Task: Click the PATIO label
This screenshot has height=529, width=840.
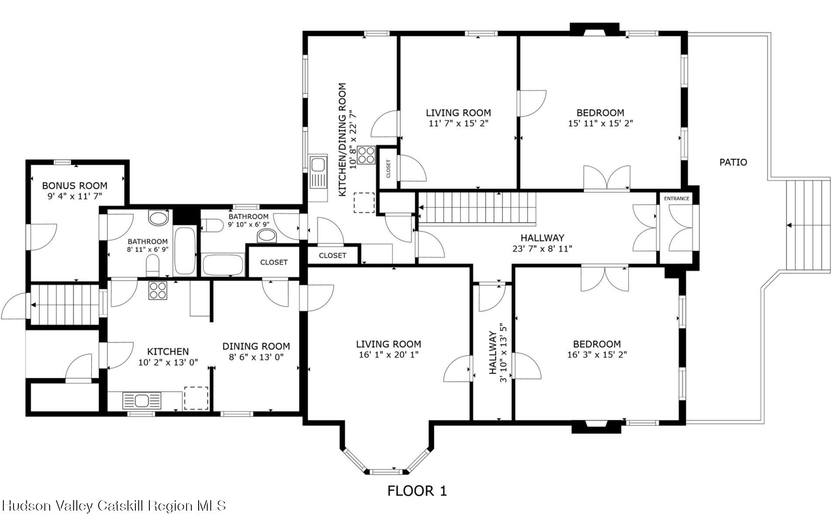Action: [x=733, y=163]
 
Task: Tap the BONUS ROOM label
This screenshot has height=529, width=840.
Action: [x=75, y=186]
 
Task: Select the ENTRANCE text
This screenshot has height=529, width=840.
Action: [x=676, y=199]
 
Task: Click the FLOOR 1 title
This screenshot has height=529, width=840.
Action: [x=417, y=491]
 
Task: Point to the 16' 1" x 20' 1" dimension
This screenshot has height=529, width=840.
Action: [x=389, y=355]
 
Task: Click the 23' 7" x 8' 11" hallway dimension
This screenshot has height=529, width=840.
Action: [x=542, y=249]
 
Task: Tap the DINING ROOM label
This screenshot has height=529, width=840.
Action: [x=256, y=346]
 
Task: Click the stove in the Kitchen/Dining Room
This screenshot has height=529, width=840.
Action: [x=366, y=155]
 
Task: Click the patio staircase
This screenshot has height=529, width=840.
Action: [x=808, y=225]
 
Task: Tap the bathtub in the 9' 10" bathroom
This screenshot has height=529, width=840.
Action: [x=223, y=265]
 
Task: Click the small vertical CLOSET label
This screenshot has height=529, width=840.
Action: [x=388, y=169]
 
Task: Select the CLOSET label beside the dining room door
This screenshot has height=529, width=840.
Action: [x=274, y=262]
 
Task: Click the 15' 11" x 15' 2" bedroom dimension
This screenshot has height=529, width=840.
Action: [x=600, y=124]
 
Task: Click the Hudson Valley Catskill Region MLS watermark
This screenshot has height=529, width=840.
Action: [x=114, y=506]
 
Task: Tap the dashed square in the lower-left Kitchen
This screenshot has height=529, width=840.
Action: [x=196, y=398]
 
